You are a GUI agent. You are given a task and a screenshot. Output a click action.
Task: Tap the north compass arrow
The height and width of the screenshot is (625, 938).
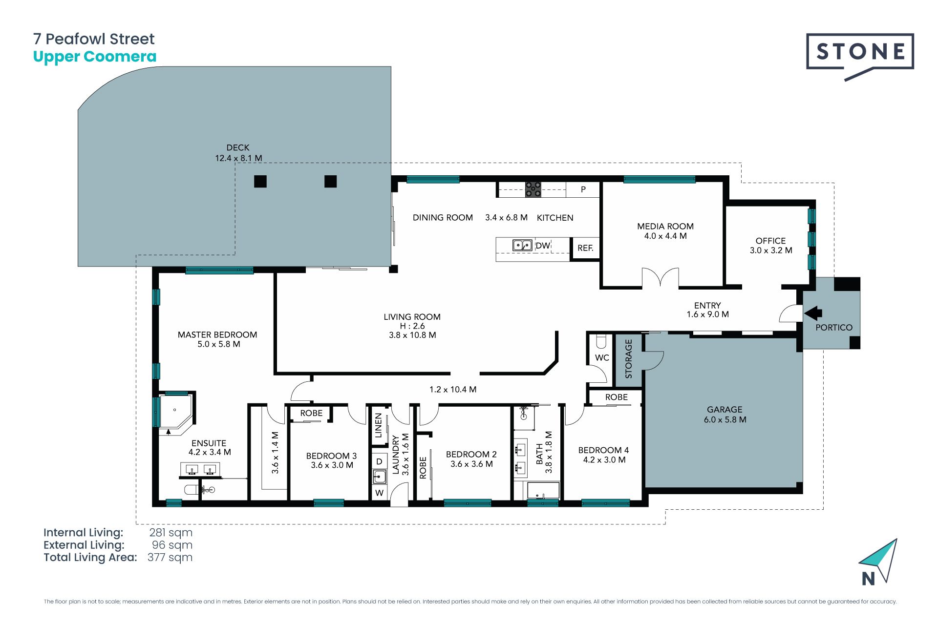[879, 561]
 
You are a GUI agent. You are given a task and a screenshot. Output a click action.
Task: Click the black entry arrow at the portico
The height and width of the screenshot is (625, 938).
[813, 313]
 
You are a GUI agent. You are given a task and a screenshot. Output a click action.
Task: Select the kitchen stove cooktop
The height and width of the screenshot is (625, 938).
[533, 189]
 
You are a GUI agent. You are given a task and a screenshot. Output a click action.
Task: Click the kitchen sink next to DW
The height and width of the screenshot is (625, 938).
[522, 245]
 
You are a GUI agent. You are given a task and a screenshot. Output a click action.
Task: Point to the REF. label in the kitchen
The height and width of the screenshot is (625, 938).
[585, 248]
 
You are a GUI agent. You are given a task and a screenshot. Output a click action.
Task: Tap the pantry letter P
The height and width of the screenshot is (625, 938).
[583, 189]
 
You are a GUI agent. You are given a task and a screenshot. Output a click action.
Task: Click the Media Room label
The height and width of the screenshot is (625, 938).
[665, 226]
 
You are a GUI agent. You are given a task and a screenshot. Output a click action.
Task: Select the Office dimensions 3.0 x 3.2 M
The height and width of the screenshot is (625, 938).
[771, 250]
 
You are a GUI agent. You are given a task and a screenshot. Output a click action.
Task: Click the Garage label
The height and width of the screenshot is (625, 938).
[725, 410]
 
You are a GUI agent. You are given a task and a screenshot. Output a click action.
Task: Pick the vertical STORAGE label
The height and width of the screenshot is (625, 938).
[629, 359]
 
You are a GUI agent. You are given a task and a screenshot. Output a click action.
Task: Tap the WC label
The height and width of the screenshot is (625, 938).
[602, 358]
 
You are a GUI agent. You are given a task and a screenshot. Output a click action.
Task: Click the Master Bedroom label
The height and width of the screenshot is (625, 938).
[217, 335]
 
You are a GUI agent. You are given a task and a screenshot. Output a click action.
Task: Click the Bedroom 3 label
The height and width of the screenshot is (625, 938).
[331, 456]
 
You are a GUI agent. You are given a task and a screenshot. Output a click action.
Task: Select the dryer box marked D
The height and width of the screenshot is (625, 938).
[379, 461]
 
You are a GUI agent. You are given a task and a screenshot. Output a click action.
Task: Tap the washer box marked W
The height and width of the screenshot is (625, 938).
[379, 493]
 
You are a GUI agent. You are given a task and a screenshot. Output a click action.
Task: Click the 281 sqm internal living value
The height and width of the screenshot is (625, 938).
[171, 533]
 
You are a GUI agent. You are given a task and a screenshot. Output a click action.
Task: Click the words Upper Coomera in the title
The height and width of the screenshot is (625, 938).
[95, 57]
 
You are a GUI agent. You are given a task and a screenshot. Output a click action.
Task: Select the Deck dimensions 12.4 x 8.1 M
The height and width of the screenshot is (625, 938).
[238, 158]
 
